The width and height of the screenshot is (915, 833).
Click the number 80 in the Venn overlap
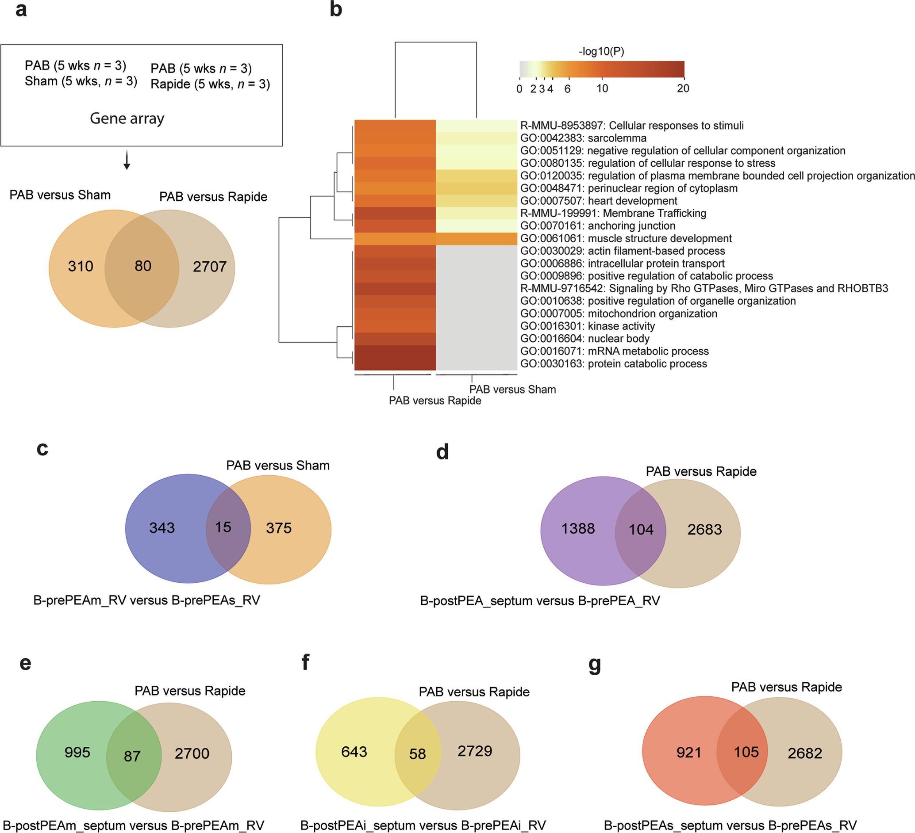[142, 266]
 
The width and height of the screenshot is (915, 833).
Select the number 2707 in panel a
[209, 267]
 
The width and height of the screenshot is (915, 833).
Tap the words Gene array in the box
[127, 118]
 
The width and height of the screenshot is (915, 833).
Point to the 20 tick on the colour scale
[683, 88]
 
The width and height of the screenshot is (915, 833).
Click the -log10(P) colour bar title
[601, 51]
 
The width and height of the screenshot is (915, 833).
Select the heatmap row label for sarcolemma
[583, 138]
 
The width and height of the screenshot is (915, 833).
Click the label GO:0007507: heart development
[599, 201]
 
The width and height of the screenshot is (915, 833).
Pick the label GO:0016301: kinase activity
[587, 326]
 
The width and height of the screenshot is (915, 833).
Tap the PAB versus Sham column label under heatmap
[512, 389]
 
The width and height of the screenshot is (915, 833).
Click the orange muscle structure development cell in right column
[476, 238]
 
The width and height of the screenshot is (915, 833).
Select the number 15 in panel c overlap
[223, 527]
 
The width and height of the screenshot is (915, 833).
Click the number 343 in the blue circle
[162, 528]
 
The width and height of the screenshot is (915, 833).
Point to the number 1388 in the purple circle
[578, 529]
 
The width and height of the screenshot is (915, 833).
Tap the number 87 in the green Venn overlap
[132, 756]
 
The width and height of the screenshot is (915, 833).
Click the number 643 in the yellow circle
[354, 752]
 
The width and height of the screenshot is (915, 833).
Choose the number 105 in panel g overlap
[746, 752]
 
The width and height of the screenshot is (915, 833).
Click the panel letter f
[305, 662]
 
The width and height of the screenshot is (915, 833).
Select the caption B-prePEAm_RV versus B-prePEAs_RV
[146, 600]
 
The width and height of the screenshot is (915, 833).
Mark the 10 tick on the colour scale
[602, 88]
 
